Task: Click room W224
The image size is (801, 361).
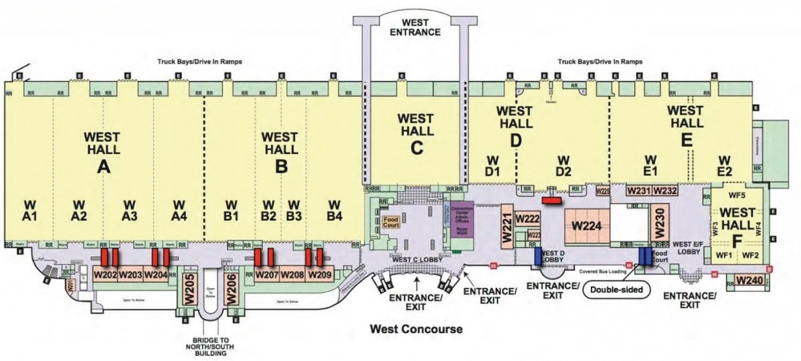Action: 587,226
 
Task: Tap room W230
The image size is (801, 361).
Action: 658,223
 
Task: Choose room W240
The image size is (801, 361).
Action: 749,280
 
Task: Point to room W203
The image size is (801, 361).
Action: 130,275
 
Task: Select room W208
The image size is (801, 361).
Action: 292,275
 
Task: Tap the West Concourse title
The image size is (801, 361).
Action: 416,329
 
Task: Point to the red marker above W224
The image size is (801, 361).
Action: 551,199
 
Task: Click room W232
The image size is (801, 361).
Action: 665,190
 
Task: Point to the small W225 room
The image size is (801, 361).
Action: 602,191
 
